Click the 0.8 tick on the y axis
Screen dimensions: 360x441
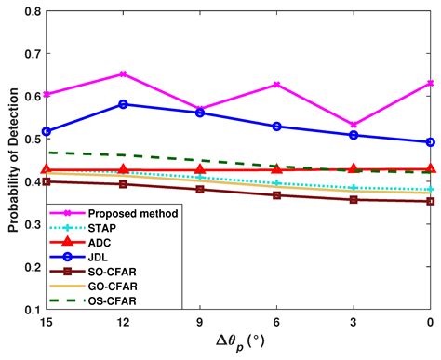(30, 11)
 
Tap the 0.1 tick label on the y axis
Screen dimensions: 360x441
(30, 310)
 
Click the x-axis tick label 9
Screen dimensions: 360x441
(200, 322)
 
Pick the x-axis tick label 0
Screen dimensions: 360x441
(430, 322)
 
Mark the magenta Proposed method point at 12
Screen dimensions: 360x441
(124, 73)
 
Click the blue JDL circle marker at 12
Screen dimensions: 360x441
(124, 104)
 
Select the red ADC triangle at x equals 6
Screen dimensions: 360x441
(276, 168)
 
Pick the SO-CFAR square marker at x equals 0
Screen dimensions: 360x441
(430, 201)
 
